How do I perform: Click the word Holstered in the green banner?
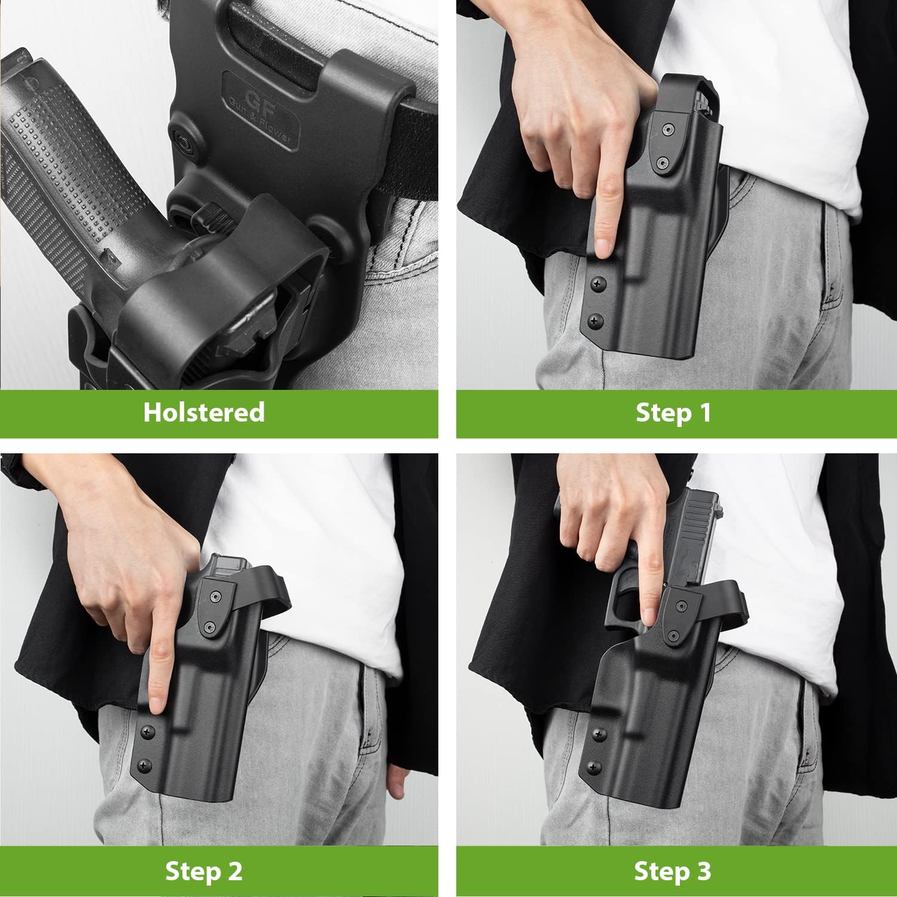click(x=203, y=413)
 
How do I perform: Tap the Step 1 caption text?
click(x=673, y=413)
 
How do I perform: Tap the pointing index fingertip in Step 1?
click(x=604, y=245)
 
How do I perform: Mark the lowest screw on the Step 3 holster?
click(x=594, y=766)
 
